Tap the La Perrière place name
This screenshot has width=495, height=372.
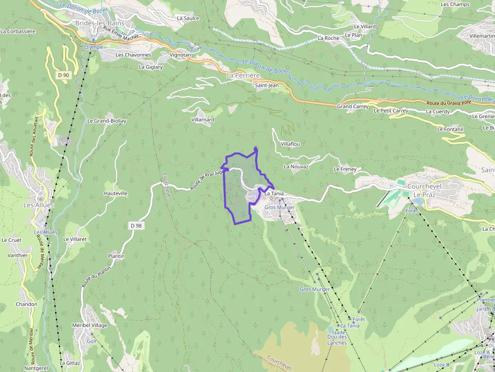243,75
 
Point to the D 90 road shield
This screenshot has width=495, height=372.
63,75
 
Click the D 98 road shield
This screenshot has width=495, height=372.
135,226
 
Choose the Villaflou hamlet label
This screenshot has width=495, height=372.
290,144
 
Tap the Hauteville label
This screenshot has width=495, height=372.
116,193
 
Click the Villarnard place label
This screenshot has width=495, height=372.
203,120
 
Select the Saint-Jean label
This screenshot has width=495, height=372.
267,85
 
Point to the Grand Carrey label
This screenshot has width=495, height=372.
353,107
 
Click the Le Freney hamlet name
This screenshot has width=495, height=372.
345,169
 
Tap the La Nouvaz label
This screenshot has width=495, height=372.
296,166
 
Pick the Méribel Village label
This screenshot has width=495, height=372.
90,325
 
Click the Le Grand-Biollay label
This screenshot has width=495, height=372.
107,121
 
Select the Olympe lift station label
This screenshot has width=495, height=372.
93,47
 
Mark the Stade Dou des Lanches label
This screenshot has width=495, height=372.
337,338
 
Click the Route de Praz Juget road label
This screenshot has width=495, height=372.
207,180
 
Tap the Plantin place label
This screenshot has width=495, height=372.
116,256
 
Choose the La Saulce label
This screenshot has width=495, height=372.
188,18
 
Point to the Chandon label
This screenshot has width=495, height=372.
26,304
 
